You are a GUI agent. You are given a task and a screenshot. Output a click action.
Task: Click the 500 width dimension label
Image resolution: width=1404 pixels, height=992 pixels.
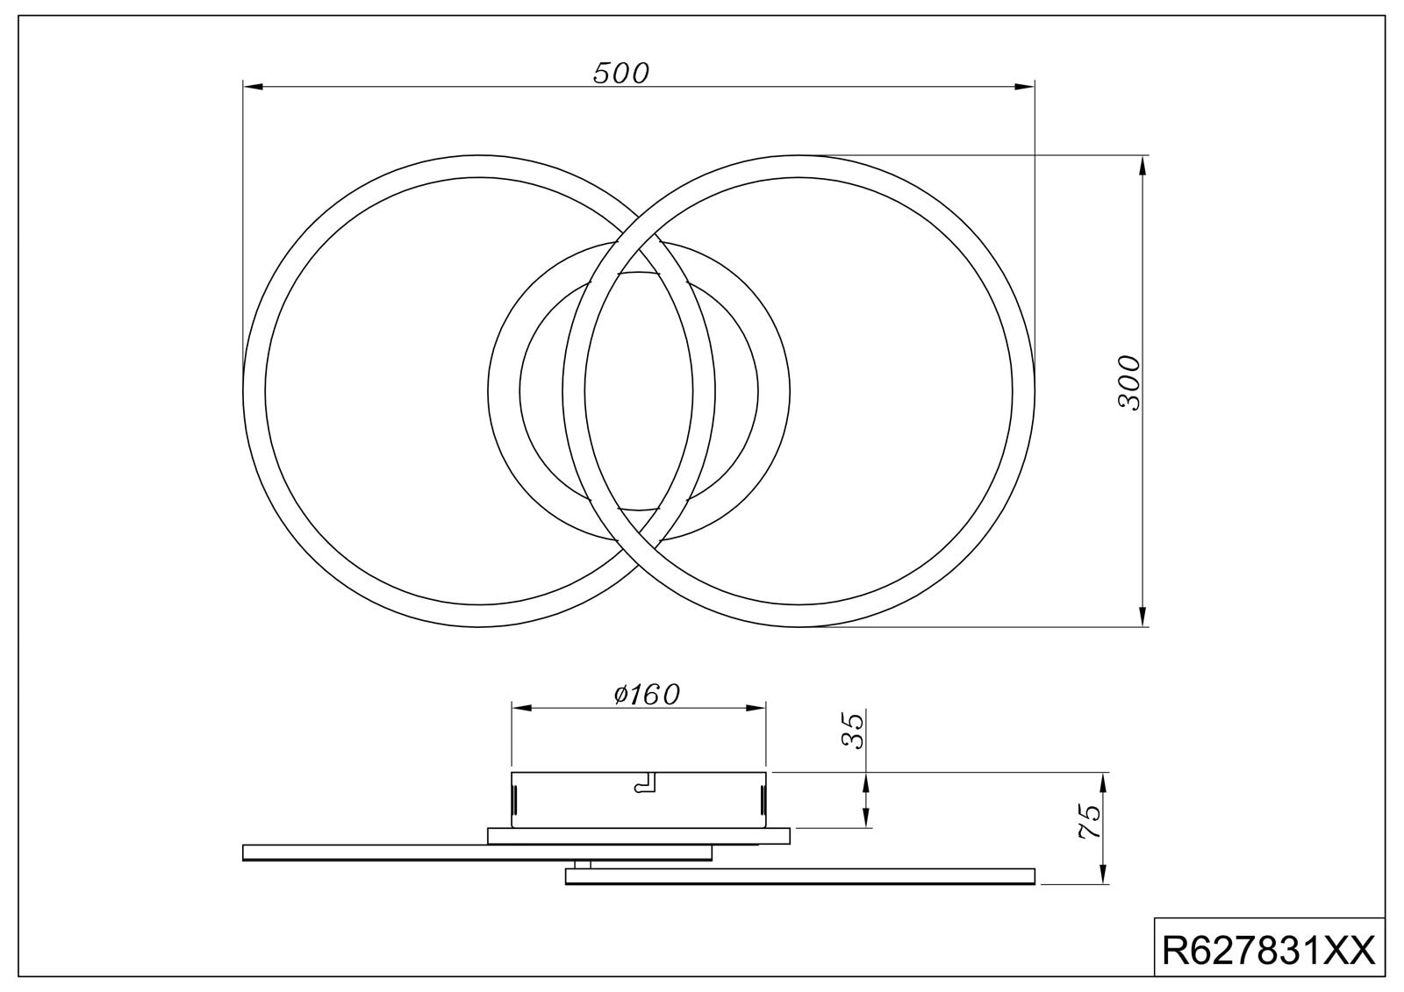[620, 74]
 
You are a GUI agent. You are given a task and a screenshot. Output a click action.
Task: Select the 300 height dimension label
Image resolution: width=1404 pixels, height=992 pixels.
[1129, 383]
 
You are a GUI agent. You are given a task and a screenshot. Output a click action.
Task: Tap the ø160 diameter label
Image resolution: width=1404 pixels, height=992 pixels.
[647, 695]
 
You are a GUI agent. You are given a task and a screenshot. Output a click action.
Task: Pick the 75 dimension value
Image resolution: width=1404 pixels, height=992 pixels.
[1089, 822]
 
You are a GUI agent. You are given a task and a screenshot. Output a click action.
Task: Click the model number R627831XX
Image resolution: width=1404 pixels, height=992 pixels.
[1268, 950]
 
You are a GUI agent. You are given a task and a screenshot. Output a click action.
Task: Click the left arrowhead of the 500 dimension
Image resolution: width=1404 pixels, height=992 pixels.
[253, 87]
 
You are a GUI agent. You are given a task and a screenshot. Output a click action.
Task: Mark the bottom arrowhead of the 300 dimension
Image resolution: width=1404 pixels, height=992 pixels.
[1142, 617]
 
